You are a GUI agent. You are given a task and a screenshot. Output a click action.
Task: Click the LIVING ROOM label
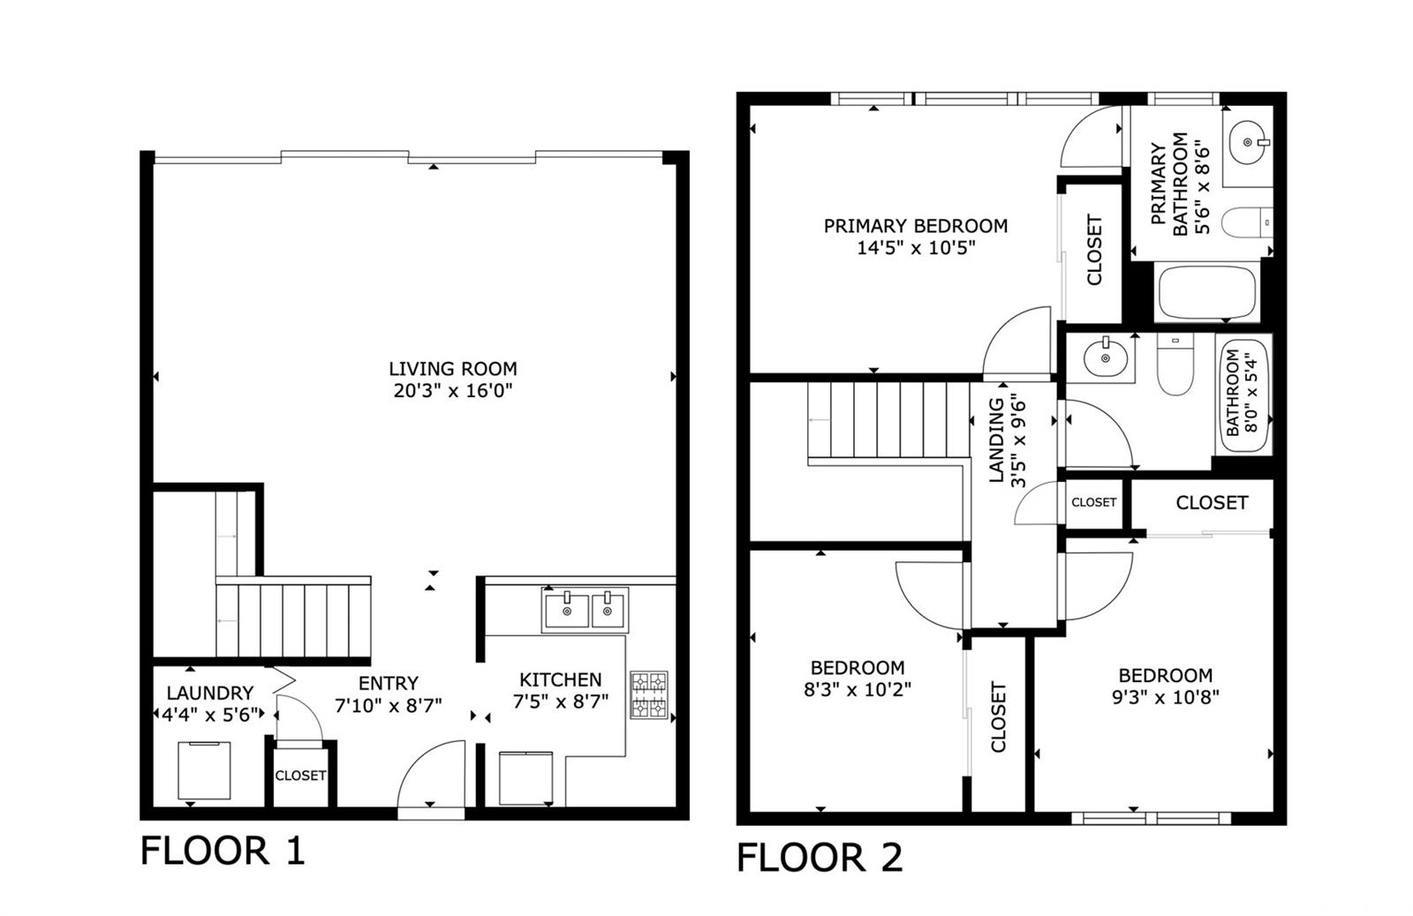tap(452, 369)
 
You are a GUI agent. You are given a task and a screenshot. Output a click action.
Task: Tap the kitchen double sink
tap(586, 610)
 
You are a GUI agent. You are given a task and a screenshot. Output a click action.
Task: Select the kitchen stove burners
tap(649, 695)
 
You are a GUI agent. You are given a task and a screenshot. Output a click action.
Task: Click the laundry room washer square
tap(204, 770)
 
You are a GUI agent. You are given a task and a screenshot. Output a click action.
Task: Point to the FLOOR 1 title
tap(223, 851)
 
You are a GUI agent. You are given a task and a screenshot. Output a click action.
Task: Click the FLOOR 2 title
tap(820, 858)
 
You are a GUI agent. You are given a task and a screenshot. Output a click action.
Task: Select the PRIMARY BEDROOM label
tap(915, 226)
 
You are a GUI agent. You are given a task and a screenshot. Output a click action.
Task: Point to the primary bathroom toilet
tap(1246, 222)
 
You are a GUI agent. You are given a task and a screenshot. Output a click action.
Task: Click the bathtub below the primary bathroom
tap(1206, 293)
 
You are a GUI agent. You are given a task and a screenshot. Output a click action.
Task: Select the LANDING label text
tap(997, 440)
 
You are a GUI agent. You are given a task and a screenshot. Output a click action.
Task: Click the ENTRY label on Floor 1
tap(388, 683)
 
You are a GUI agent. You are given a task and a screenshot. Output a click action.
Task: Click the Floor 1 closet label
tap(300, 776)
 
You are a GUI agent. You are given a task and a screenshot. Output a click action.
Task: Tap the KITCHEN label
tap(560, 679)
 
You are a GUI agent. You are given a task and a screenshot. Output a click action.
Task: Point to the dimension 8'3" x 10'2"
tap(858, 690)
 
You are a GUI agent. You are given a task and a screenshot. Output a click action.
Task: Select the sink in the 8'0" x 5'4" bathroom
tap(1105, 357)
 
